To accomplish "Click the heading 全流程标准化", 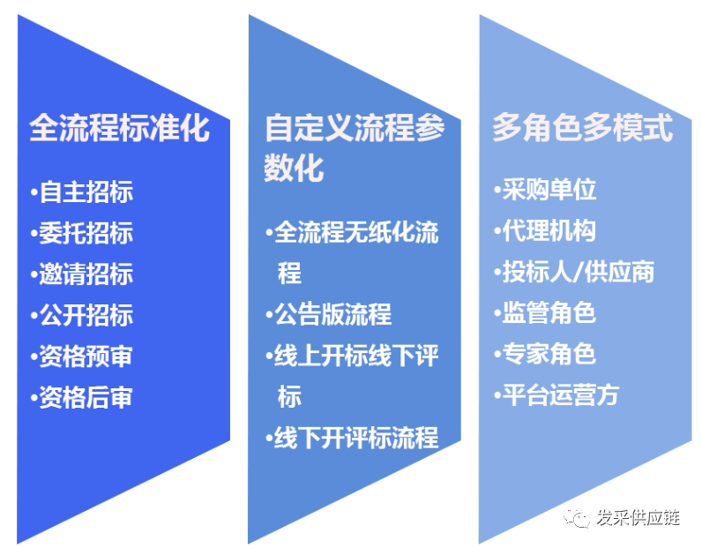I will tap(119, 128).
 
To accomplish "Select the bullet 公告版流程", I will tap(332, 314).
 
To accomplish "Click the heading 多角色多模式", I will tap(582, 128).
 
